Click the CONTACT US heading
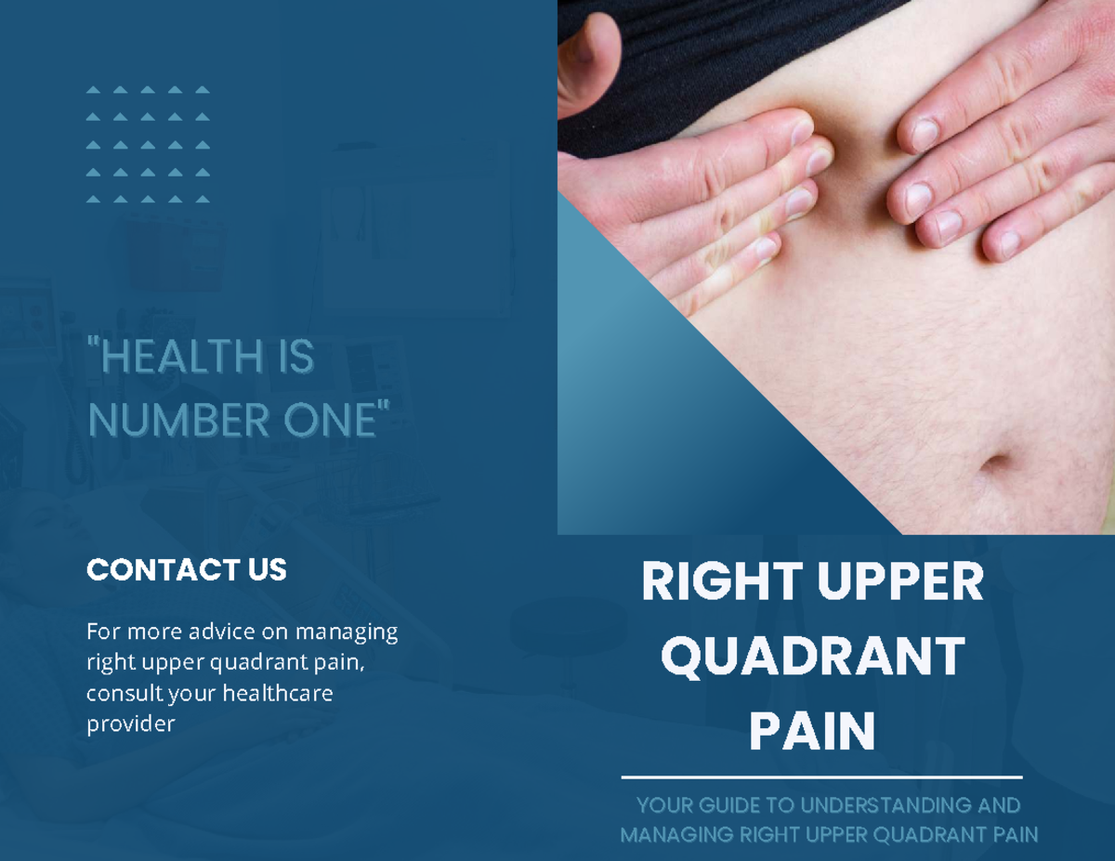186,569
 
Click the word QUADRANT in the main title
812,658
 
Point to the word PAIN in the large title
812,731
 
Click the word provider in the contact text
130,724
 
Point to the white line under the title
821,776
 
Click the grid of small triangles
148,144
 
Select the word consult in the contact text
123,693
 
